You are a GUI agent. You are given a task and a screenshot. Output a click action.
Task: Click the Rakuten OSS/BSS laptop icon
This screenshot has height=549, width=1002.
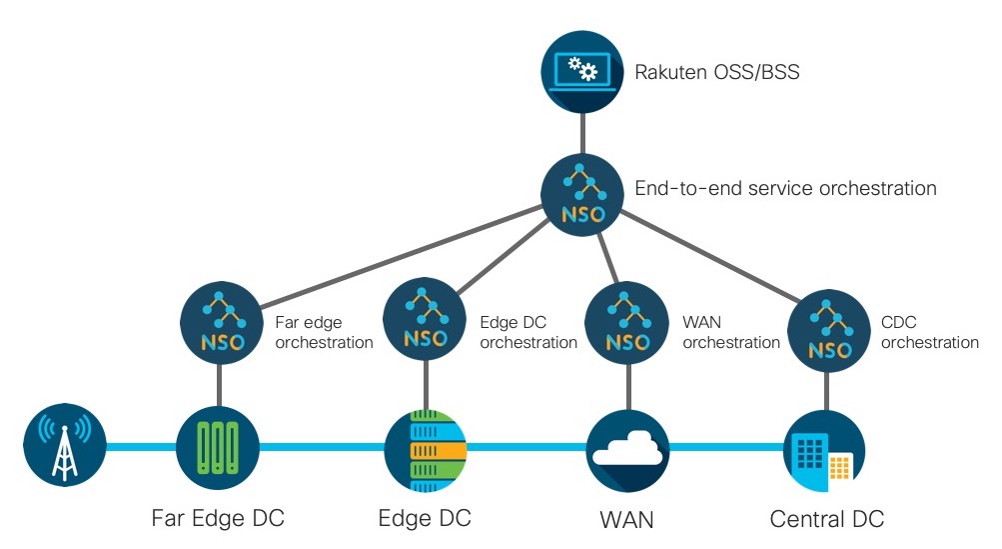[x=582, y=71]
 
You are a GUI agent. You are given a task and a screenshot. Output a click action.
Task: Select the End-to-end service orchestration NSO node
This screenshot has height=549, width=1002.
[x=582, y=190]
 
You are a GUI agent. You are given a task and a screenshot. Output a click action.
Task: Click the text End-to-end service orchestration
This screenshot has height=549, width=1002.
[x=785, y=188]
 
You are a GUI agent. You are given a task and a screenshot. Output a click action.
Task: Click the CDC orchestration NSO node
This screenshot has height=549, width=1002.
[x=829, y=332]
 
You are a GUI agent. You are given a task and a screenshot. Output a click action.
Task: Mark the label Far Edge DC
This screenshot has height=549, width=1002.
[x=218, y=519]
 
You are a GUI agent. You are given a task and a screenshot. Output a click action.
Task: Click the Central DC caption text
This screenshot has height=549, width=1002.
[x=827, y=519]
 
